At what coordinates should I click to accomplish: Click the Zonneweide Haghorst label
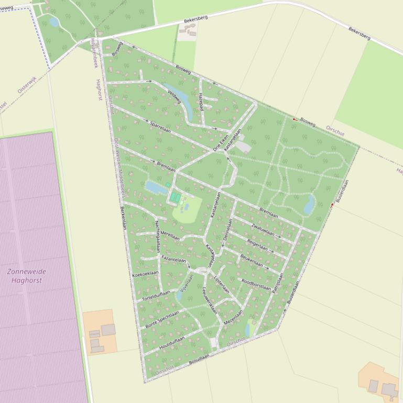27,276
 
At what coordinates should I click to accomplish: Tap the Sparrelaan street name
161,127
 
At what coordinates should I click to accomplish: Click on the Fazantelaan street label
174,259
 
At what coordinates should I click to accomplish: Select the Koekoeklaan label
145,274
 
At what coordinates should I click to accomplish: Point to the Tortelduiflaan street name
156,296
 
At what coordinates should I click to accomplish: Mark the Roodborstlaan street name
256,284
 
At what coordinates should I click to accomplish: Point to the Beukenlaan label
252,260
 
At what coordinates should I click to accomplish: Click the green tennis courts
176,197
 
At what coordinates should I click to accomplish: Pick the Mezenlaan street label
233,318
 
